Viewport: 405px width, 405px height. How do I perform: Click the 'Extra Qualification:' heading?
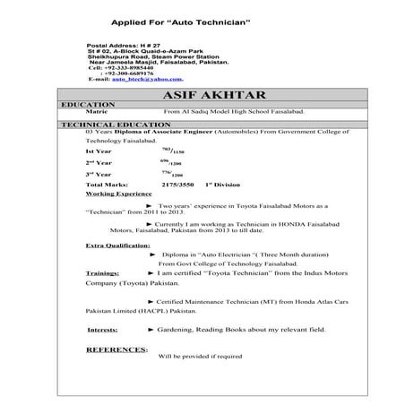coord(117,245)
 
